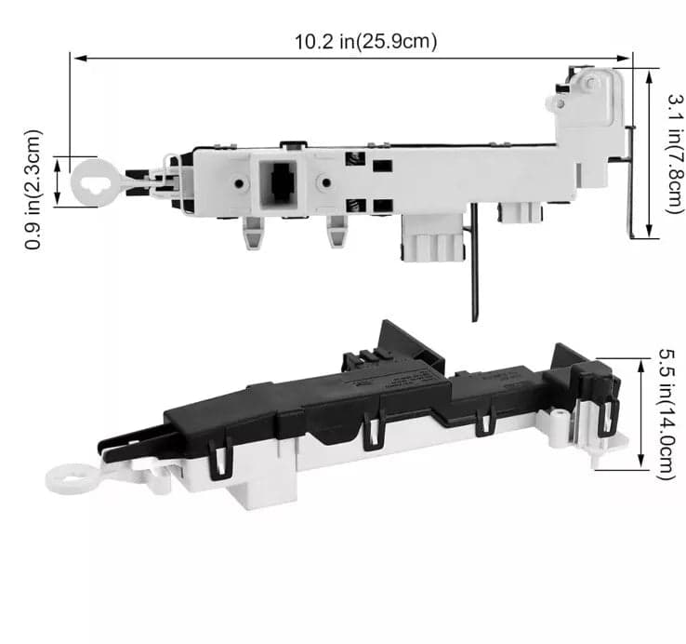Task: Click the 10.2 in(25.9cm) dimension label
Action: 365,42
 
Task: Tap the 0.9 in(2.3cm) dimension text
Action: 33,190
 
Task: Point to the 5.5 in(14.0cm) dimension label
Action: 667,414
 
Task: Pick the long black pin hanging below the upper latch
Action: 475,262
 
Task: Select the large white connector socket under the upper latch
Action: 432,238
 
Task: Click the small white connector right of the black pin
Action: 520,213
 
